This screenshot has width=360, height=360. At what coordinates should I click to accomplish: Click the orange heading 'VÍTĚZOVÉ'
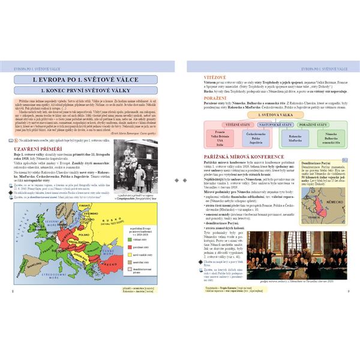click(198, 77)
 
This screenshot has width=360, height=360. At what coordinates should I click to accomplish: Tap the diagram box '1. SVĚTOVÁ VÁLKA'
click(265, 114)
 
